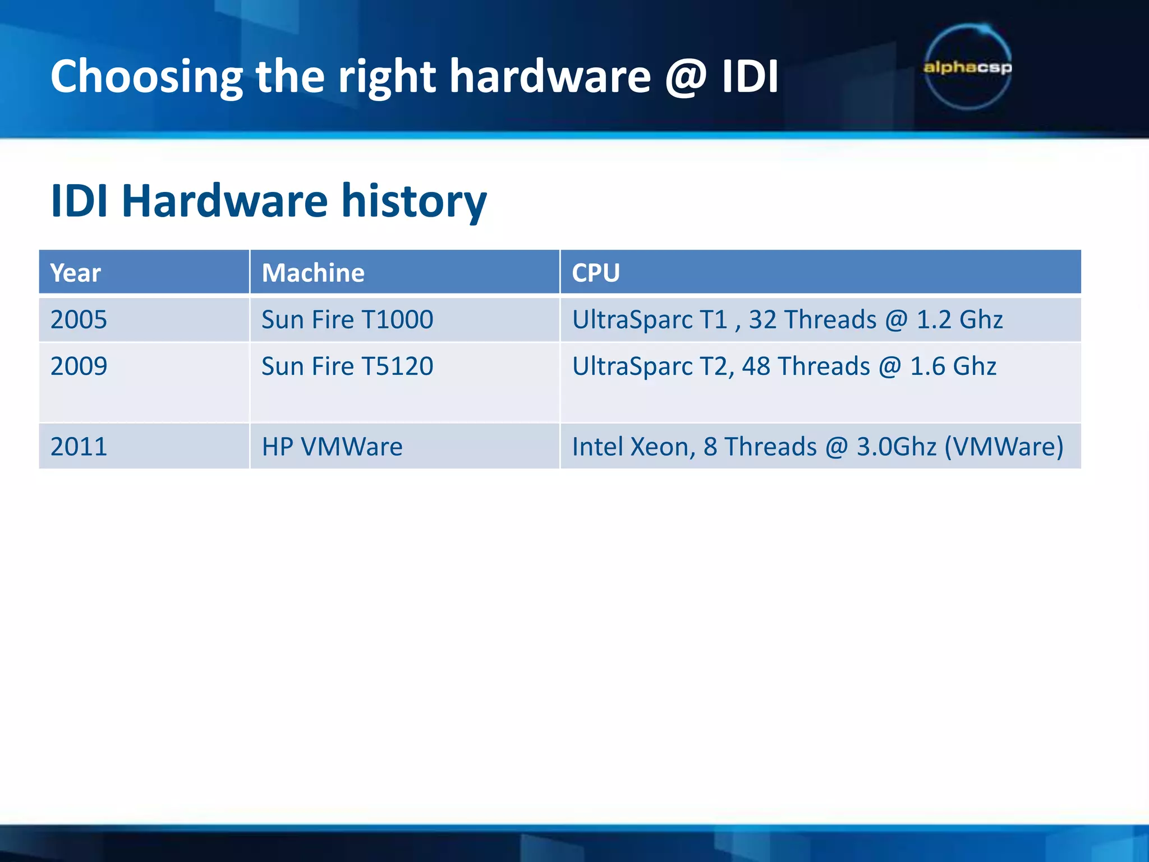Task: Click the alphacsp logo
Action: pos(967,67)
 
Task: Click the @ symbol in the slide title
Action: pos(686,77)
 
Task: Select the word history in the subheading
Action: pos(413,201)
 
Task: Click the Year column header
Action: pos(76,273)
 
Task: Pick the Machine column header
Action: pos(313,273)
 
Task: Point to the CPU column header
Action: pos(596,273)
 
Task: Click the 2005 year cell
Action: pos(79,320)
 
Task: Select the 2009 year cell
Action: pos(79,366)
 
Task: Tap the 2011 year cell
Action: pos(79,447)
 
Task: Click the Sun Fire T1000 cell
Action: pos(347,320)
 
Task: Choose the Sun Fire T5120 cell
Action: pos(347,366)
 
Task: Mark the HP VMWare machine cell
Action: pos(332,447)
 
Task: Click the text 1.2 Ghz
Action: pos(959,320)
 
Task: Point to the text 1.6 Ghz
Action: pos(953,366)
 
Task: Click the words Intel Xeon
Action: pos(633,447)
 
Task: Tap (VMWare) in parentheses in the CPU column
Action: pos(1004,447)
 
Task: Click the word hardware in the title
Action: pos(550,77)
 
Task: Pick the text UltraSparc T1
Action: pos(650,320)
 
